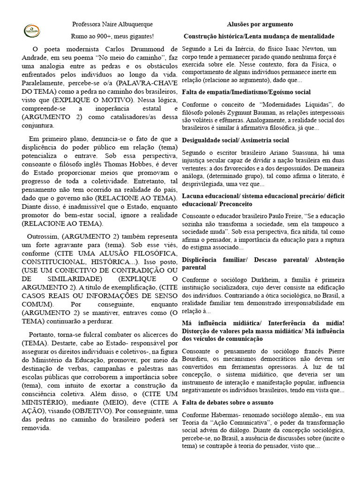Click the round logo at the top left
tap(32, 31)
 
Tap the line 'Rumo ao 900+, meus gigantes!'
tap(112, 36)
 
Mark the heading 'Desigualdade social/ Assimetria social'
tap(235, 140)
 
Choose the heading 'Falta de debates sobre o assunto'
tap(227, 403)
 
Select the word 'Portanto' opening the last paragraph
tap(43, 335)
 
